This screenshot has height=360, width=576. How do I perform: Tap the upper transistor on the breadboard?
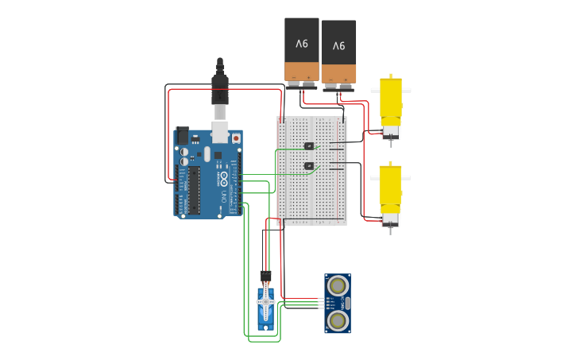pos(309,145)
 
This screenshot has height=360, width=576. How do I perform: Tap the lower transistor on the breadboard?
pos(309,166)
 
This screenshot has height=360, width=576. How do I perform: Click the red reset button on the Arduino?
pos(235,138)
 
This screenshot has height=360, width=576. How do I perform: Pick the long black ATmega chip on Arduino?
pos(194,191)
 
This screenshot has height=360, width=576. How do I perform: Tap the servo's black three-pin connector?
pos(265,276)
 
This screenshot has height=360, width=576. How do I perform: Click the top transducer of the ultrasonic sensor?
pos(338,285)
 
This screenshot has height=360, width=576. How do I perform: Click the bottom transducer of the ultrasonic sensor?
pos(338,320)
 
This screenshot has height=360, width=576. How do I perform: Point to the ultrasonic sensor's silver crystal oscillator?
pos(347,303)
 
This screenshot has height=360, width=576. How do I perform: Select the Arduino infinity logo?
pos(224,176)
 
